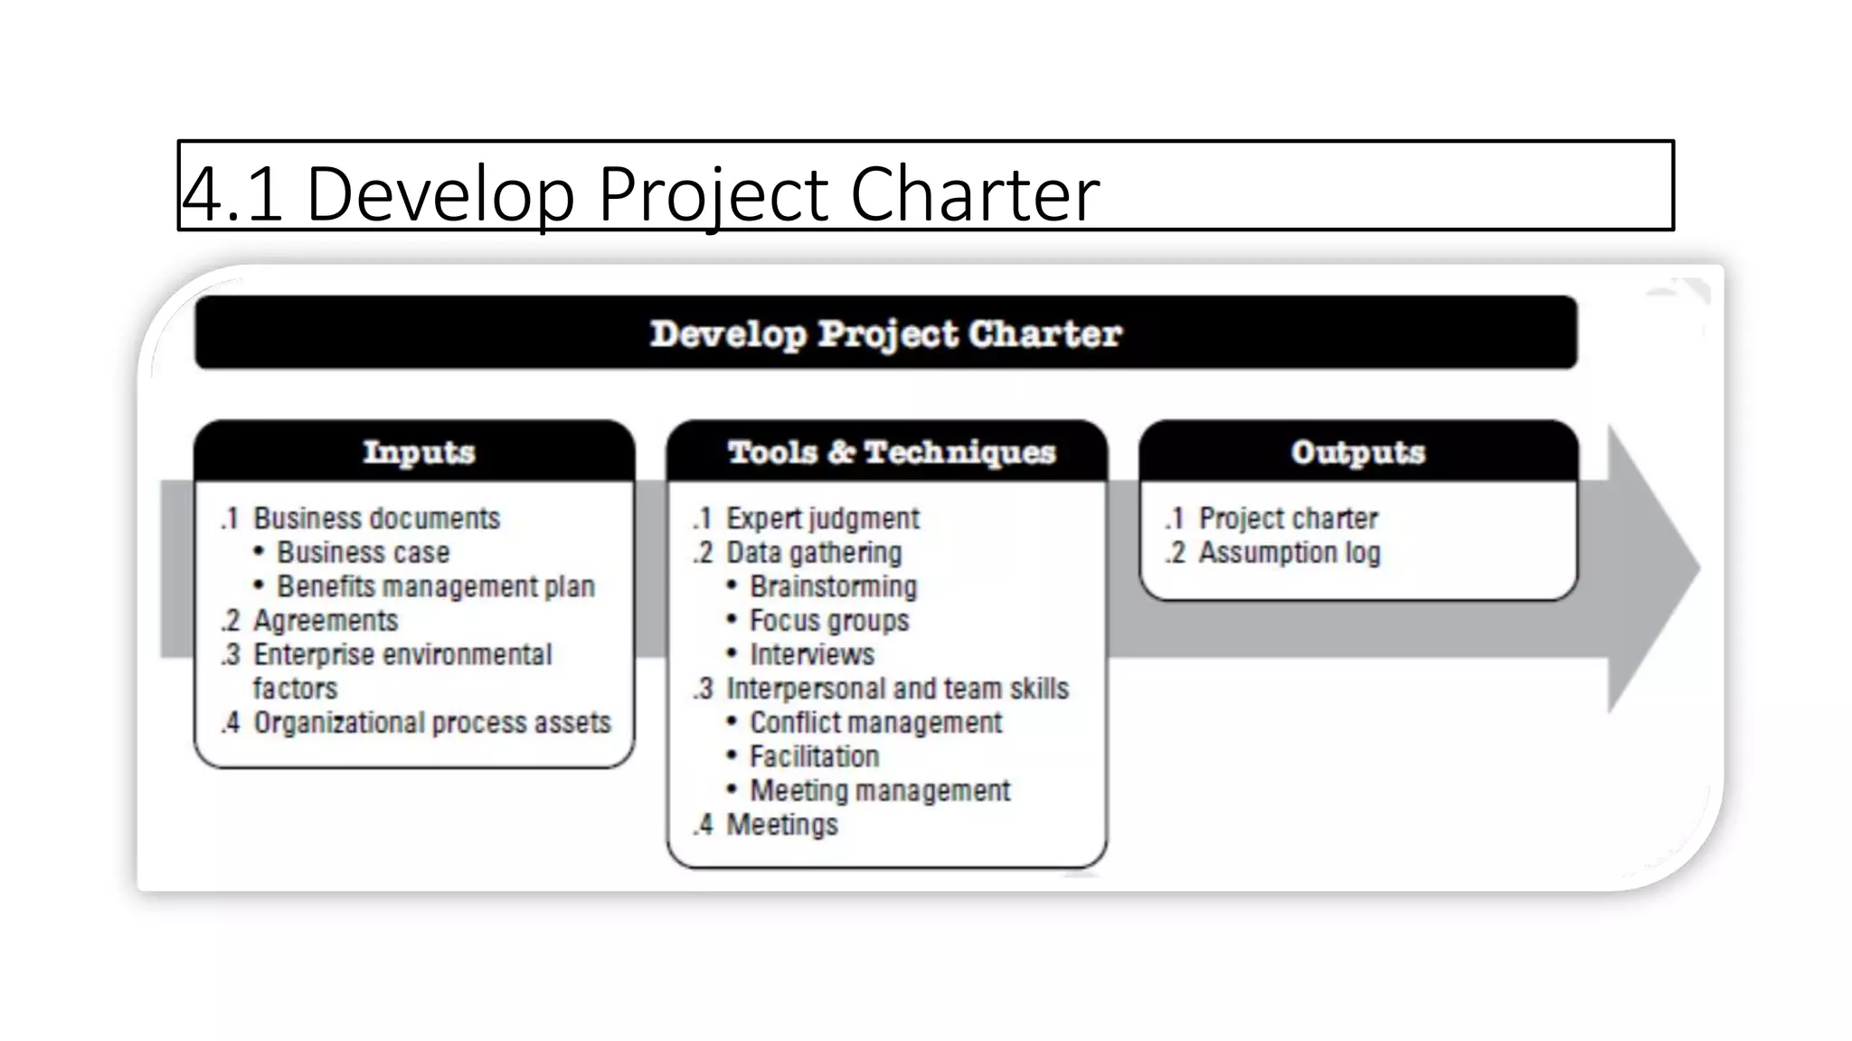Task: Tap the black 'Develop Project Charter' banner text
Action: pos(885,333)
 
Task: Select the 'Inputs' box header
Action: pos(419,451)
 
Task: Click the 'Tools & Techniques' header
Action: pos(891,451)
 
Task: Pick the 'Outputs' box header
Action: pos(1357,451)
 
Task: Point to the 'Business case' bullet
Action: pos(363,552)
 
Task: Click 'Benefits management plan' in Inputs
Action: pos(435,586)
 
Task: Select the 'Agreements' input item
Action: pos(325,621)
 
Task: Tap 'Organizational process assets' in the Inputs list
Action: pos(431,723)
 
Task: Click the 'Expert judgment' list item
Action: pos(822,519)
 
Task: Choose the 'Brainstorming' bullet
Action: pos(833,586)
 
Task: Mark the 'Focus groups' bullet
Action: pos(829,621)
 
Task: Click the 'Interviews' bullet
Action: pos(812,654)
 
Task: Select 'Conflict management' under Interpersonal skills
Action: pos(875,723)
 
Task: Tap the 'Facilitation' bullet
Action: pos(814,756)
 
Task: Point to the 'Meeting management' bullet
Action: pos(879,791)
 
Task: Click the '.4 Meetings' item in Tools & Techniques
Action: pos(781,824)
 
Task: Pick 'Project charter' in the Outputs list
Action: pos(1288,519)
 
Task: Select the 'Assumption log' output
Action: pos(1289,552)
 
